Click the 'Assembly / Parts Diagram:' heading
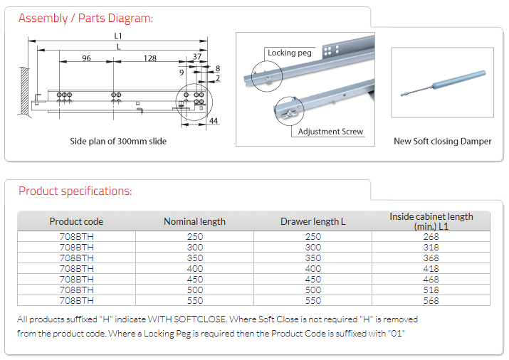pyautogui.click(x=85, y=18)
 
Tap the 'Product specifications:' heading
pyautogui.click(x=75, y=191)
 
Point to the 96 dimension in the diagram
pyautogui.click(x=86, y=58)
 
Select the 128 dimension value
pyautogui.click(x=149, y=58)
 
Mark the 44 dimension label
pyautogui.click(x=214, y=122)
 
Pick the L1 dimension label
pyautogui.click(x=118, y=36)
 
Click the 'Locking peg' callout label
pyautogui.click(x=290, y=53)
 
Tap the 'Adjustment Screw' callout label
pyautogui.click(x=330, y=132)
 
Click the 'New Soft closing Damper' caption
pyautogui.click(x=442, y=142)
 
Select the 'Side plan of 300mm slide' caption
pyautogui.click(x=118, y=142)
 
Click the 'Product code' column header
pyautogui.click(x=76, y=221)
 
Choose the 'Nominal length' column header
pyautogui.click(x=194, y=221)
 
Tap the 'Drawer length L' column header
pyautogui.click(x=313, y=221)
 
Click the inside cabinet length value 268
pyautogui.click(x=431, y=236)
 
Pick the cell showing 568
pyautogui.click(x=431, y=300)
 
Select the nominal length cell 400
pyautogui.click(x=194, y=268)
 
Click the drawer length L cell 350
pyautogui.click(x=313, y=258)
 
